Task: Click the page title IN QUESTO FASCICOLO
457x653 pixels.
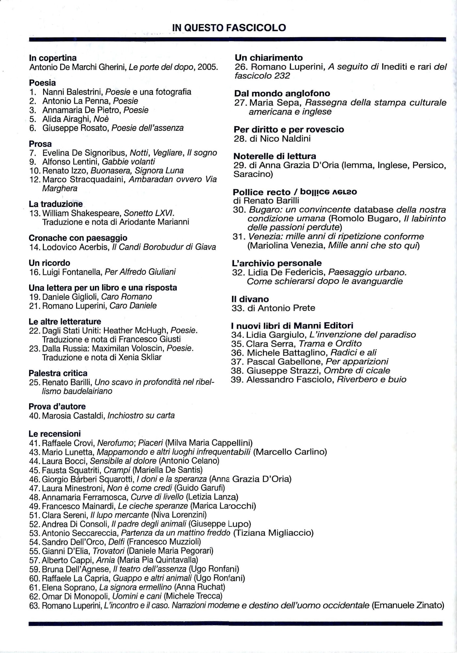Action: click(229, 28)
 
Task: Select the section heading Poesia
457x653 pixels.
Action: click(42, 83)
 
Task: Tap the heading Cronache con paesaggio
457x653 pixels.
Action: click(78, 238)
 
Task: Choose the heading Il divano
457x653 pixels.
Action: click(250, 299)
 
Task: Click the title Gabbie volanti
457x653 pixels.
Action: click(128, 162)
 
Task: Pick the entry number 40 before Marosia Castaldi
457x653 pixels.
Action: click(34, 416)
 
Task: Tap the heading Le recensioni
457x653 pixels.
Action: click(55, 434)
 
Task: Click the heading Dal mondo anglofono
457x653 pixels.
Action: click(282, 94)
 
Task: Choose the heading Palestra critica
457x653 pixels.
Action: click(58, 373)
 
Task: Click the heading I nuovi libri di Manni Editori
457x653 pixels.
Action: click(292, 326)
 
